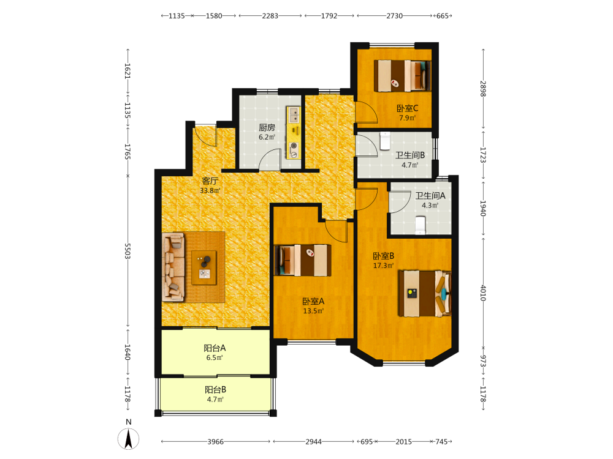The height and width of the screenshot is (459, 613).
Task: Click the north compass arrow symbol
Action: click(128, 439)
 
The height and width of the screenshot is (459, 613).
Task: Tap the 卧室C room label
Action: click(408, 108)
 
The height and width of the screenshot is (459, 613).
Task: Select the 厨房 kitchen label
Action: click(267, 128)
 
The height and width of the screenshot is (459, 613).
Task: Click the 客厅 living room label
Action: click(210, 181)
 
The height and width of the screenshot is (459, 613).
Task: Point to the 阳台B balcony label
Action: click(215, 389)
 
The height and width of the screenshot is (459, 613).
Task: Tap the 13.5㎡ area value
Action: click(313, 311)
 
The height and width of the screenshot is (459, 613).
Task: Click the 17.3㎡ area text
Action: click(384, 266)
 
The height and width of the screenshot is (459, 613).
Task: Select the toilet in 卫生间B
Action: click(385, 141)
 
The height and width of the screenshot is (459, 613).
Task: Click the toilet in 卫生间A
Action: click(421, 225)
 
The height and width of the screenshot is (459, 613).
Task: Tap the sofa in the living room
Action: click(173, 267)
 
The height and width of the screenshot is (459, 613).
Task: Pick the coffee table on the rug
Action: click(204, 268)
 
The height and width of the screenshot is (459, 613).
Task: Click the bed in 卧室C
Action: click(402, 75)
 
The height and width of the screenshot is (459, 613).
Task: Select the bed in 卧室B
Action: click(425, 294)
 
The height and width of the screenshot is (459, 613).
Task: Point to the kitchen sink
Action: click(293, 115)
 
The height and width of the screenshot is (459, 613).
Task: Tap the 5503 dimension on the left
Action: click(127, 251)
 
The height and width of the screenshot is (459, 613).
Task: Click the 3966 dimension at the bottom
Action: click(215, 441)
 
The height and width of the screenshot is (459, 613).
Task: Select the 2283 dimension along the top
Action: click(270, 16)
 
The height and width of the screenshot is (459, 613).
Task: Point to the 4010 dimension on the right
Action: click(483, 293)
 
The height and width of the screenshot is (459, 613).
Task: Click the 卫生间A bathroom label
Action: click(430, 196)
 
